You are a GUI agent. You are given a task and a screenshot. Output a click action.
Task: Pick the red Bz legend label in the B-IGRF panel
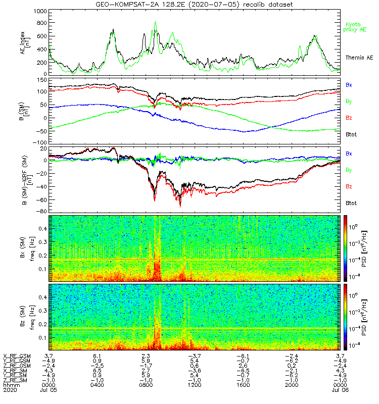coord(349,187)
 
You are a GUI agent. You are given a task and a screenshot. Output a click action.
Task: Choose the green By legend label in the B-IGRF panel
coord(349,170)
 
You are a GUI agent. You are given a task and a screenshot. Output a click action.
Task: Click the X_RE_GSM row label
coord(17,357)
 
